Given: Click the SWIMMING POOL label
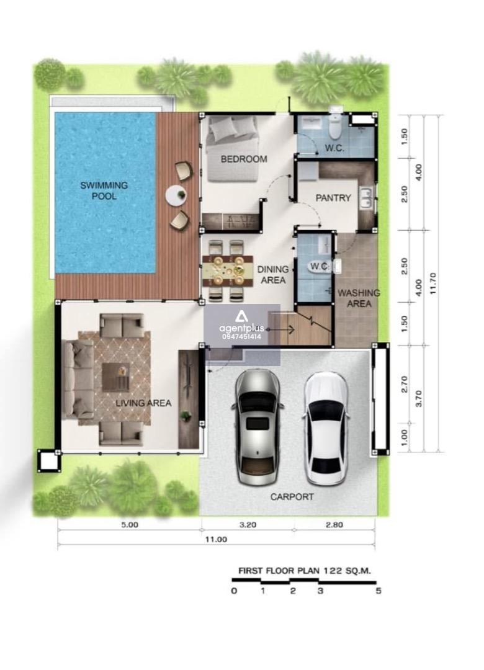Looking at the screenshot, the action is [x=104, y=190].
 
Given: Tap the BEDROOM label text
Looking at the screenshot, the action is [x=244, y=159].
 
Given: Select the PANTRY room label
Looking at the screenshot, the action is [x=333, y=198].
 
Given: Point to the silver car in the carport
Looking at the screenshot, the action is [x=256, y=427].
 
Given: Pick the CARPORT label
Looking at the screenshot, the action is [x=292, y=496].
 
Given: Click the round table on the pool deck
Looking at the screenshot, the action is [x=177, y=195].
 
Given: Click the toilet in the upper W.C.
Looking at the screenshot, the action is [x=335, y=127].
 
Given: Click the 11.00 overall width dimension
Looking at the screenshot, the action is [x=216, y=539].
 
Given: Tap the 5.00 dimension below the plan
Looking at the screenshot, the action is [x=130, y=524].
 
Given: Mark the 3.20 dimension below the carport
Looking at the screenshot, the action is [x=248, y=524].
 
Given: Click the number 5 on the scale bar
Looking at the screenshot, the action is [x=378, y=591].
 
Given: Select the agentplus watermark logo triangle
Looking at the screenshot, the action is [x=241, y=316].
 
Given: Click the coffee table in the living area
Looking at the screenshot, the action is [x=116, y=377].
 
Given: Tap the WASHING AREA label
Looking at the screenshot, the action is [x=359, y=298].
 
